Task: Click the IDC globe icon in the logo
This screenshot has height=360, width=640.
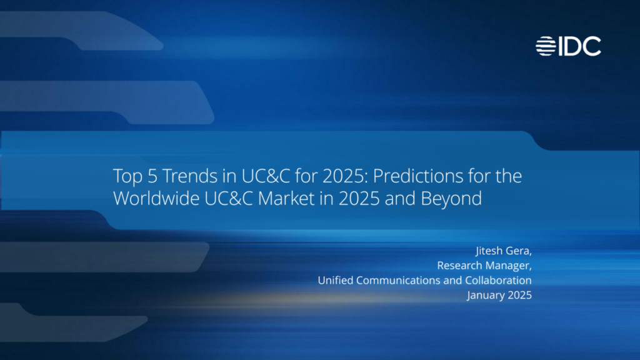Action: (546, 46)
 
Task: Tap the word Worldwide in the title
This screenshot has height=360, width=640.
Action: (152, 199)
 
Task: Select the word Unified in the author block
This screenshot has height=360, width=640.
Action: (335, 280)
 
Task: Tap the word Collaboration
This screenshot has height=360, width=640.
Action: (499, 280)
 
